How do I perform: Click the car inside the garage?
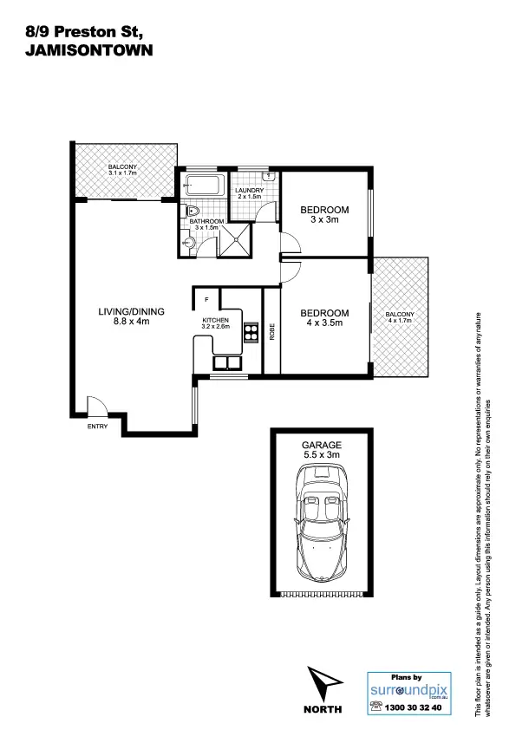pos(321,521)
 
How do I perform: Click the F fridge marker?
pos(206,300)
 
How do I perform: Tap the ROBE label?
pos(271,330)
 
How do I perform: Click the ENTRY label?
pos(96,427)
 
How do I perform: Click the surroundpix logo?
pos(410,691)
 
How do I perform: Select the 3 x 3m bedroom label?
pos(324,215)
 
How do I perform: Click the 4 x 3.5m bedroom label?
pos(324,317)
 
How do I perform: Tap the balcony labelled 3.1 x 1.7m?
pos(122,171)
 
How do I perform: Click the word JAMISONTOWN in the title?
pos(89,51)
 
